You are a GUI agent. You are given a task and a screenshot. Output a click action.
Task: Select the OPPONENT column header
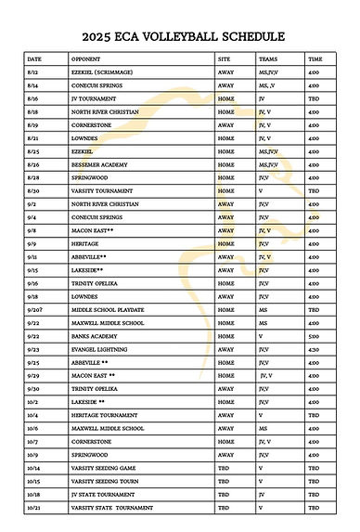click(85, 58)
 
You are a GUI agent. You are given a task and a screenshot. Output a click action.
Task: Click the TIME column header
click(315, 58)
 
